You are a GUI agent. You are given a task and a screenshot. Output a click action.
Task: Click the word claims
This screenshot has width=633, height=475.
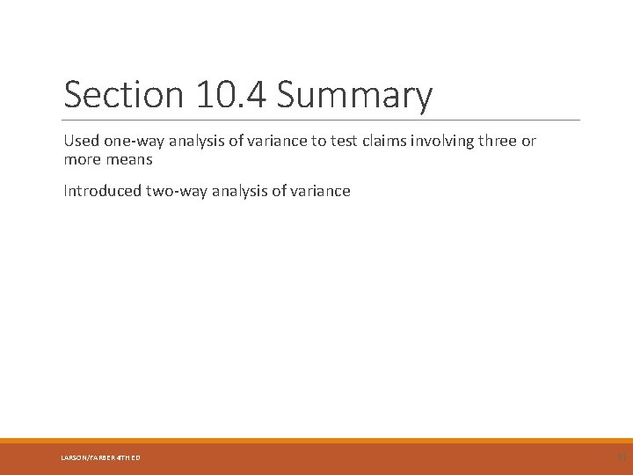point(379,142)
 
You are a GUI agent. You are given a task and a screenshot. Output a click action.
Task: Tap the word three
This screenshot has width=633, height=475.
point(499,142)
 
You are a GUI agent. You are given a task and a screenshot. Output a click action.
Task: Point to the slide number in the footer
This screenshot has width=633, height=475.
point(619,457)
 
